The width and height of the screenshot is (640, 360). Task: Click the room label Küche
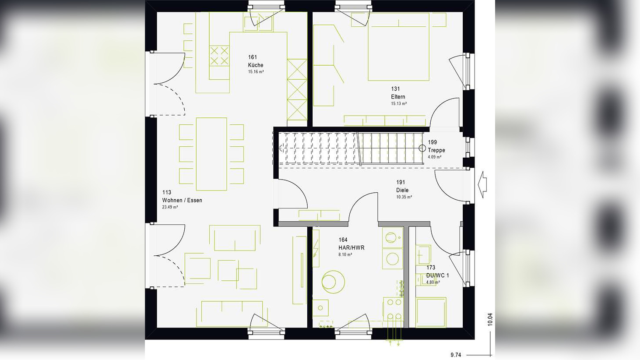pos(256,65)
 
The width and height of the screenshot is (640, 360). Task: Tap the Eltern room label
pos(398,97)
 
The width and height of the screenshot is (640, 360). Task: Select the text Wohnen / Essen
pos(182,200)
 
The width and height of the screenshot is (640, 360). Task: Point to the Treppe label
pos(436,150)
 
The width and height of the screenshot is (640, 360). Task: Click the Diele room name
pos(402,190)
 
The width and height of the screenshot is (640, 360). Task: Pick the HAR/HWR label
pos(351,248)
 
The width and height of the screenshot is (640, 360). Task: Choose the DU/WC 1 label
pos(437,275)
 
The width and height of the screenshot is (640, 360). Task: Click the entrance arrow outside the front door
pos(482,184)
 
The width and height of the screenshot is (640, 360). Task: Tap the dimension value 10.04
pos(490,319)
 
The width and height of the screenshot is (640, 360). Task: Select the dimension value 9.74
pos(456,355)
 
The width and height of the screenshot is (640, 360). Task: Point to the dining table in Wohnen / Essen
pos(211,154)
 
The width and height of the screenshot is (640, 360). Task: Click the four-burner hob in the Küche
pos(219,56)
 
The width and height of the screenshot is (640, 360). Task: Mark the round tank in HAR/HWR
pos(333,282)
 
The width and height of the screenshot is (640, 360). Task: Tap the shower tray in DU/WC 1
pos(431,312)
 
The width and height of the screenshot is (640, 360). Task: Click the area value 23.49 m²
pos(170,207)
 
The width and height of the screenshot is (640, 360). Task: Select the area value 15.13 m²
pos(399,104)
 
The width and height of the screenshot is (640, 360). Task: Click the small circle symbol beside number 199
pos(422,148)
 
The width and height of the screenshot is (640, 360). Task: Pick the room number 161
pos(253,57)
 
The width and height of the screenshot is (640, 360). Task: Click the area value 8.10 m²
pos(345,254)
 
